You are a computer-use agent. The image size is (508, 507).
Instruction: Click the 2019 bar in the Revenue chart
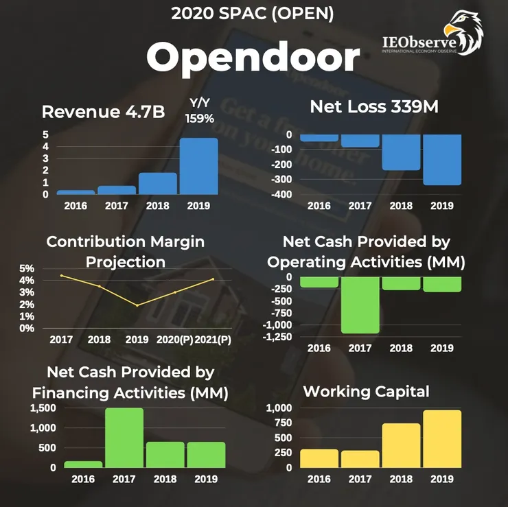tap(198, 166)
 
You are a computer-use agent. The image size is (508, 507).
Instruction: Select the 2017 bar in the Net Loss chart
tap(360, 141)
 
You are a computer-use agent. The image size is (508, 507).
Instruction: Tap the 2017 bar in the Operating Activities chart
tap(360, 305)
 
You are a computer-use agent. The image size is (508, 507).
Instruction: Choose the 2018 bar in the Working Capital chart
tap(401, 445)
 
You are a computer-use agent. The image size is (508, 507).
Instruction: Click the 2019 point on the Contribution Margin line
tap(137, 305)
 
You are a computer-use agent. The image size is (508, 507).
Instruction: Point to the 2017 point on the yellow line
tap(62, 276)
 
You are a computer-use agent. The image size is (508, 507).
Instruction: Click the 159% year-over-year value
tap(200, 118)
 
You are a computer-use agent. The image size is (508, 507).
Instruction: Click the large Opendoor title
tap(253, 58)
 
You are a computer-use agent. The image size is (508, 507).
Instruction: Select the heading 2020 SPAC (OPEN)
tap(253, 13)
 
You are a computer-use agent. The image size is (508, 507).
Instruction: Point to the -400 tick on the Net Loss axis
tap(283, 195)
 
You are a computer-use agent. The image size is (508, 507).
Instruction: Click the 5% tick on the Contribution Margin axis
tap(26, 268)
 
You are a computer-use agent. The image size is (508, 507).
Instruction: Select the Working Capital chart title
tap(366, 392)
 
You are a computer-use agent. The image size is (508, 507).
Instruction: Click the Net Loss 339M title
tap(374, 107)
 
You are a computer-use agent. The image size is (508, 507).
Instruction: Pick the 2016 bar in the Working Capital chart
tap(319, 458)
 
